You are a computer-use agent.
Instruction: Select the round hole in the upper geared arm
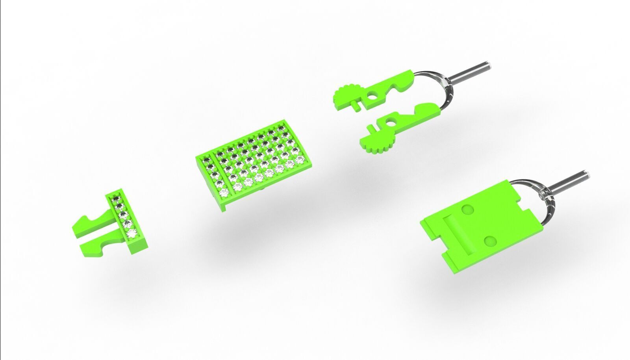coord(372,96)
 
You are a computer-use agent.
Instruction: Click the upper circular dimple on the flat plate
coord(468,210)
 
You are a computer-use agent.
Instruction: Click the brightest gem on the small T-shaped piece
coord(132,234)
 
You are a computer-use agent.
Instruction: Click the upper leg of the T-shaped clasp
coord(94,222)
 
